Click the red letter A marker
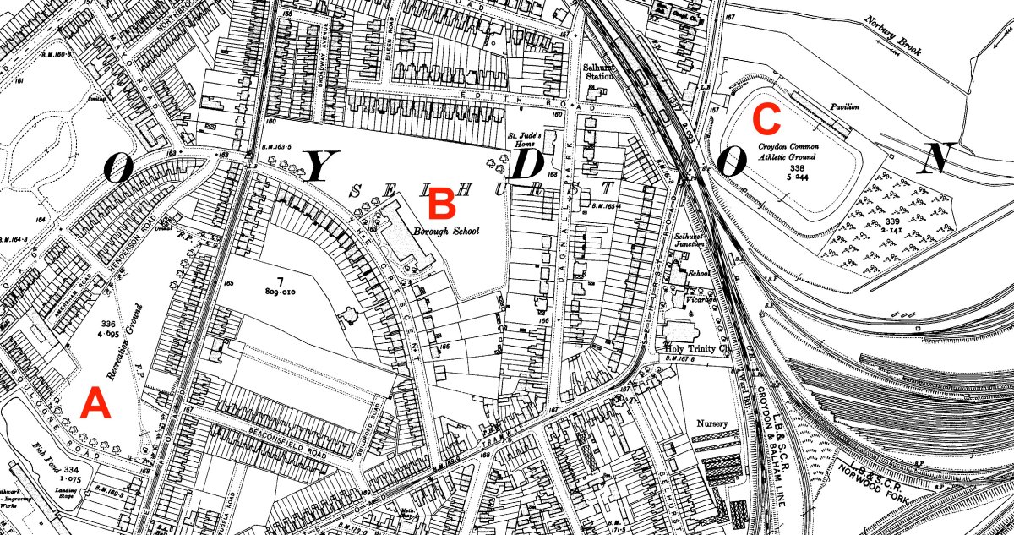(95, 406)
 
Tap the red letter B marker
(443, 202)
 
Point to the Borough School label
(446, 231)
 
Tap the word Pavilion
(843, 107)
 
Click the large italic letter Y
(322, 167)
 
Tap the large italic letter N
(938, 158)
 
